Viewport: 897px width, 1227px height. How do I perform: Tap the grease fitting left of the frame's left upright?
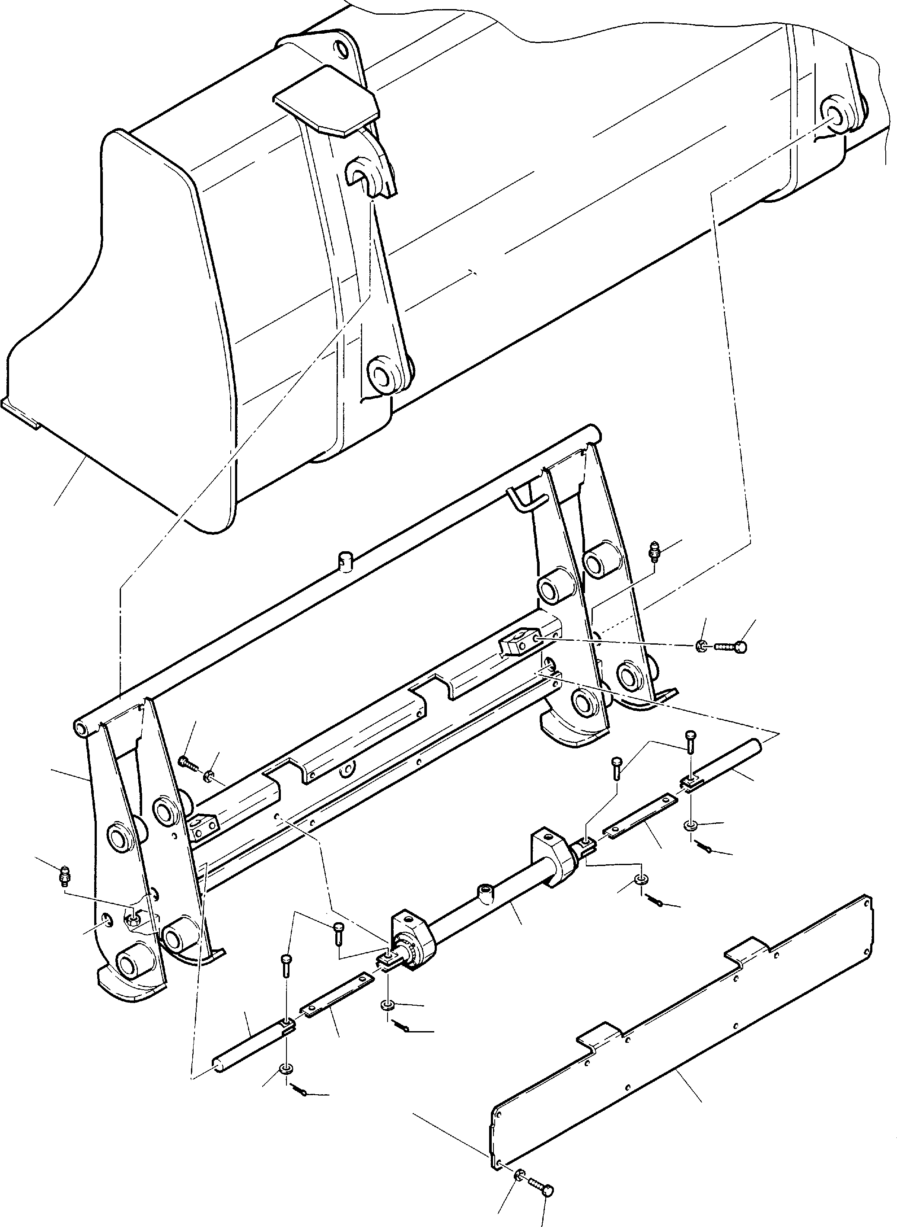(x=65, y=876)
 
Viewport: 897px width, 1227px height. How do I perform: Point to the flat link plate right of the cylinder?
(x=639, y=808)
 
